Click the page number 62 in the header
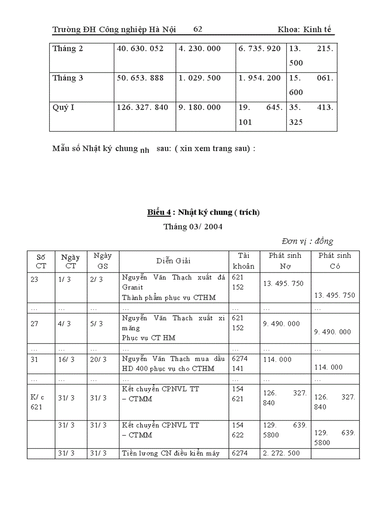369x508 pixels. pos(198,29)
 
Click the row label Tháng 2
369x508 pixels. pos(68,48)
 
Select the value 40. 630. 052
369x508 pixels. pos(140,48)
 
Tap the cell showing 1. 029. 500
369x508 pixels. pos(199,78)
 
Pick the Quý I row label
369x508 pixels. pos(63,108)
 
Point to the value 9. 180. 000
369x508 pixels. pos(199,108)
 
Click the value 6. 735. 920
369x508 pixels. pos(260,48)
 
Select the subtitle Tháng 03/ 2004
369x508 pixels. pos(193,227)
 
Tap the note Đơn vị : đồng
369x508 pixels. pos(307,241)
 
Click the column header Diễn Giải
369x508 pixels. pos(174,261)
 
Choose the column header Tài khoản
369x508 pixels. pos(244,261)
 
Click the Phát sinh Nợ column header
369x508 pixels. pos(285,261)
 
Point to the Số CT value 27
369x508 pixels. pos(35,324)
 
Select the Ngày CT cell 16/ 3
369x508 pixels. pos(65,359)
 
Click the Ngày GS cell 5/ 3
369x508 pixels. pos(97,324)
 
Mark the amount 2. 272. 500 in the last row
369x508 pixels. pos(281,453)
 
